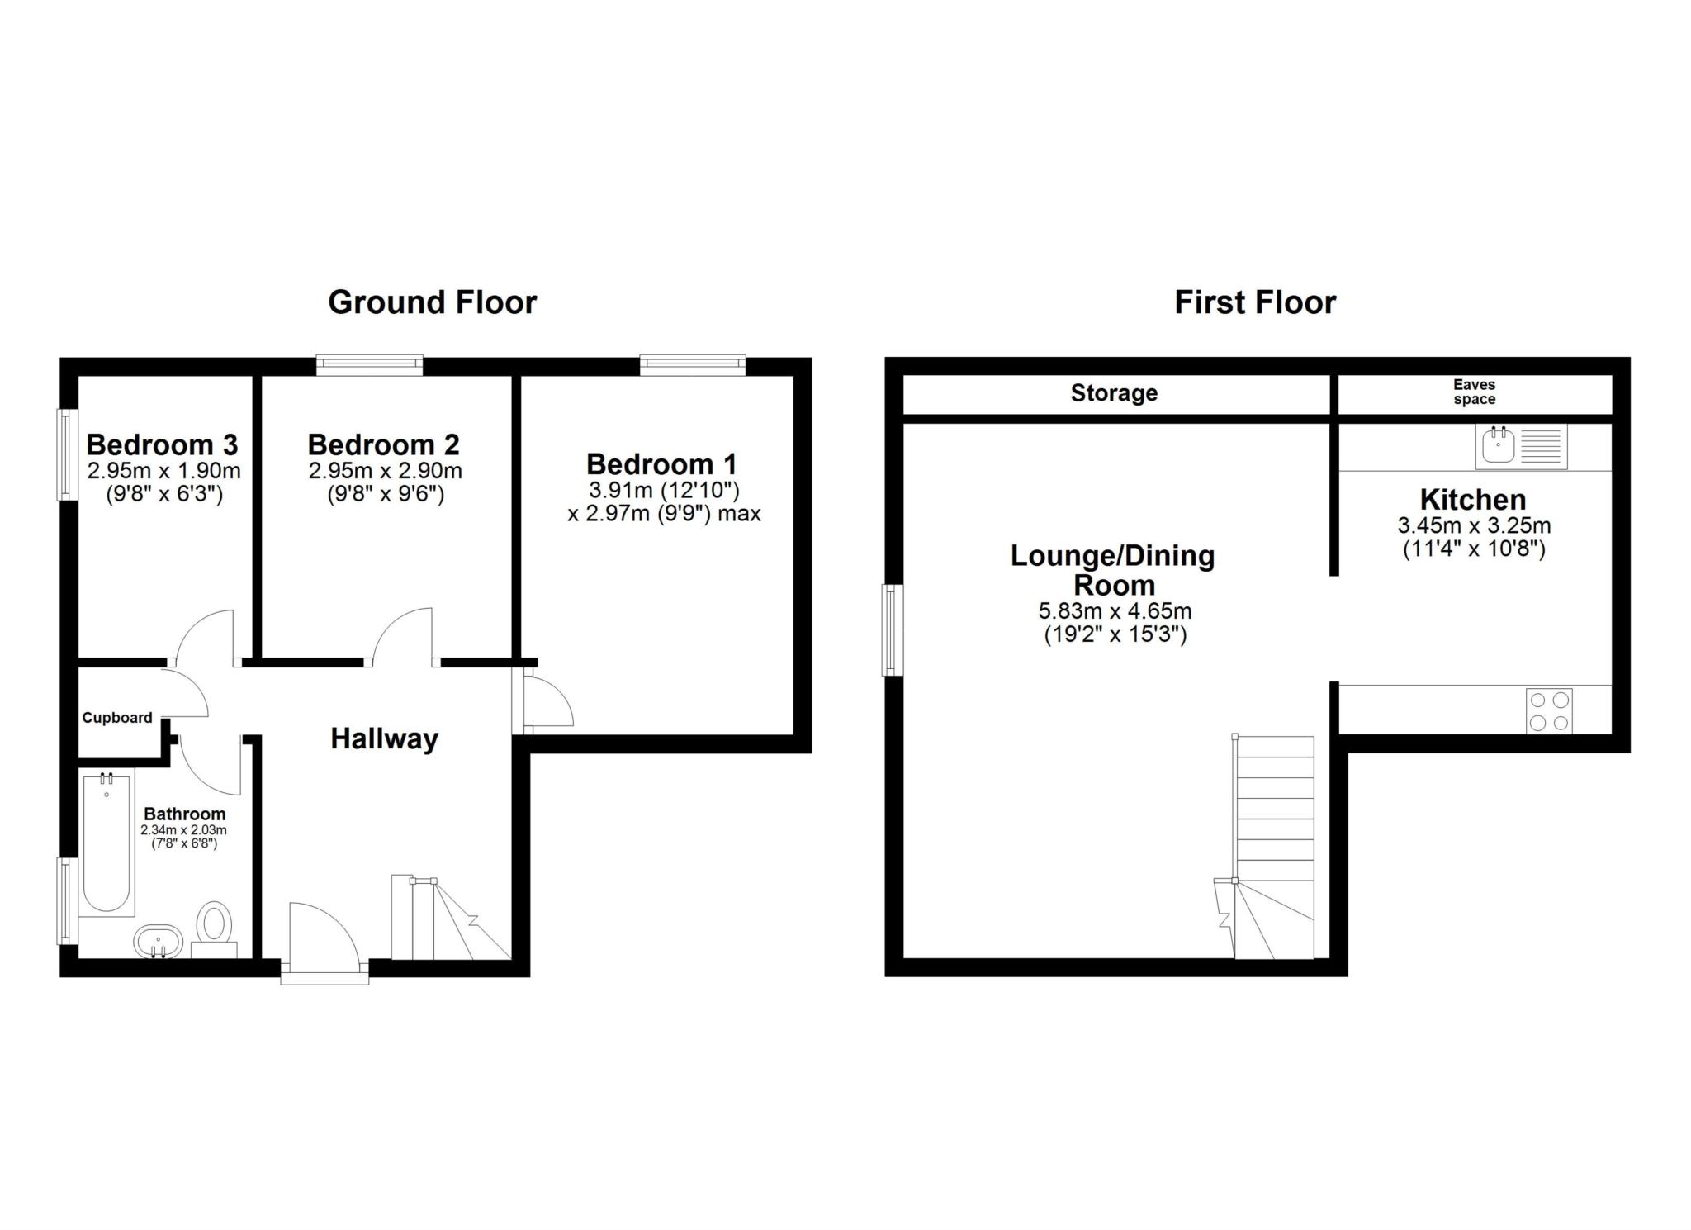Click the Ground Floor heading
click(x=432, y=302)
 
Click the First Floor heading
click(x=1254, y=302)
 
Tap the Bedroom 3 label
click(x=162, y=444)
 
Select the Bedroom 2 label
click(x=383, y=444)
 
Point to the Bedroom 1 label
click(x=661, y=463)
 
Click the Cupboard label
click(x=117, y=718)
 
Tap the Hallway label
click(x=384, y=738)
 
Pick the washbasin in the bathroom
click(x=157, y=941)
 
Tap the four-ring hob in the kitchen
click(x=1549, y=711)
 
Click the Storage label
click(x=1114, y=393)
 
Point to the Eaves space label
click(x=1474, y=392)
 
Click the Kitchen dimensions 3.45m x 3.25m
click(x=1474, y=525)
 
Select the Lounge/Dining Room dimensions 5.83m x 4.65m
click(x=1114, y=611)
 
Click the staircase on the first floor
click(x=1274, y=843)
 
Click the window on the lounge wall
click(x=893, y=629)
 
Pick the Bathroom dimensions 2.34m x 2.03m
click(x=183, y=830)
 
